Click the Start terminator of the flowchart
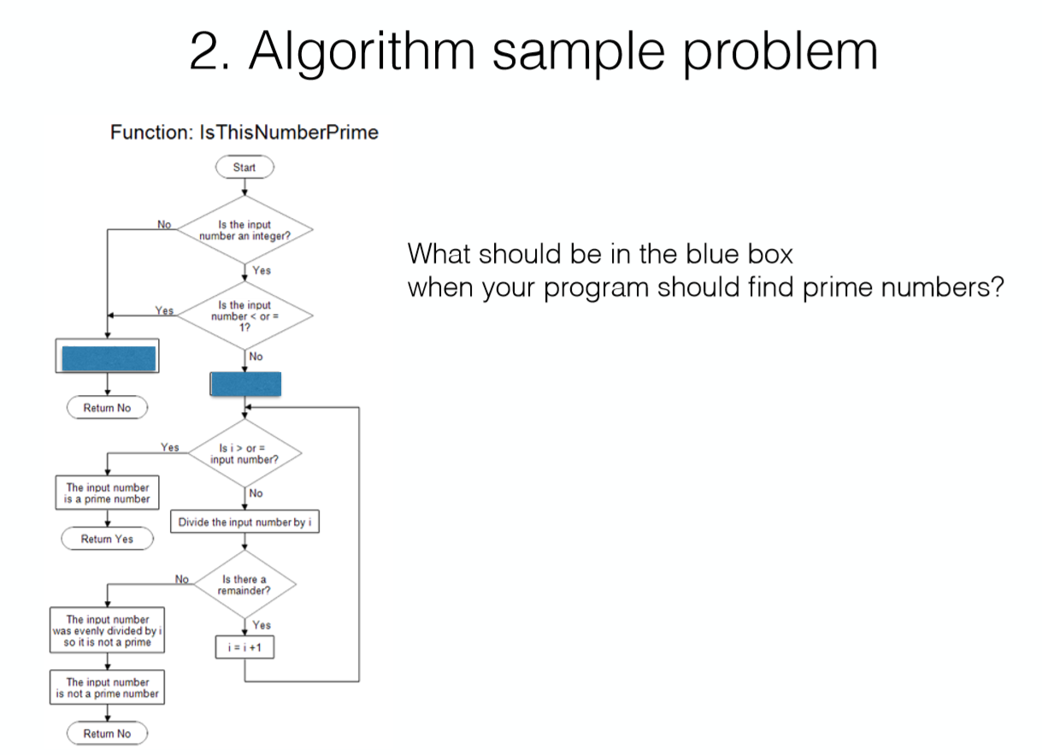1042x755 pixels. (244, 168)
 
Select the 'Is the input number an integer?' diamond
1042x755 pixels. (244, 230)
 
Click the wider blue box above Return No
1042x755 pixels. (107, 357)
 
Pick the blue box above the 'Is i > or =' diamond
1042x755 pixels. (245, 384)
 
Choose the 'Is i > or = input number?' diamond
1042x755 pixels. (244, 453)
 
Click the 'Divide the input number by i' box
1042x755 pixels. (245, 522)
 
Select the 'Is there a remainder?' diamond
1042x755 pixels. (244, 586)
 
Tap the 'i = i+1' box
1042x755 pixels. (245, 648)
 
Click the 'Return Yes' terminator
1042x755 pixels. (107, 539)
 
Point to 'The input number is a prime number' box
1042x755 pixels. (107, 493)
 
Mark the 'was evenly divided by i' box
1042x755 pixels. (107, 631)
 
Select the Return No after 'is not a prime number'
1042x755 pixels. (107, 734)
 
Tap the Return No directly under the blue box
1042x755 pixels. (107, 408)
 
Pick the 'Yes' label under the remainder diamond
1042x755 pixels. (262, 626)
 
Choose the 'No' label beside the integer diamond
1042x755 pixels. (164, 224)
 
